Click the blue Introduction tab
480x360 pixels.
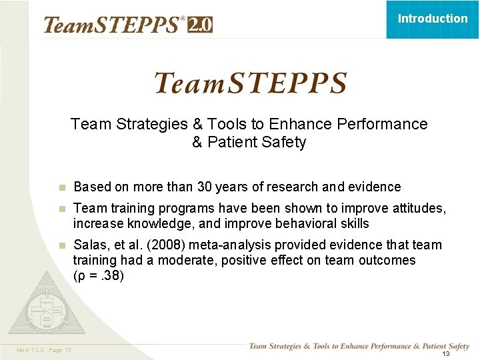[433, 19]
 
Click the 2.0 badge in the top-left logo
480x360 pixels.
[200, 25]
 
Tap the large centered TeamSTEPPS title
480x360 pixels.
[250, 84]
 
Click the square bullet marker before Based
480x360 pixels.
[61, 187]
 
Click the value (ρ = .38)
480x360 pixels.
[99, 275]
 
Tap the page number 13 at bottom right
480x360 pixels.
[446, 353]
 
